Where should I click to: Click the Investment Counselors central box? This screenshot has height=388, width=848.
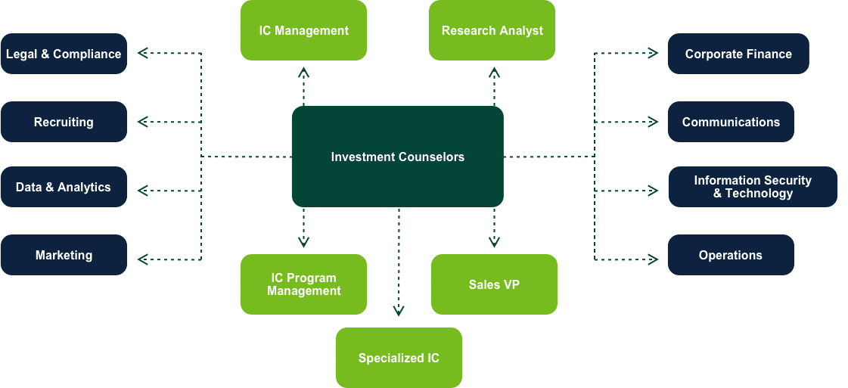(x=397, y=157)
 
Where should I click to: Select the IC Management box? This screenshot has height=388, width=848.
(x=303, y=30)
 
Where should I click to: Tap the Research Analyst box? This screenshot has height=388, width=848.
(x=492, y=30)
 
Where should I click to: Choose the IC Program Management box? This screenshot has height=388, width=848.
(x=303, y=284)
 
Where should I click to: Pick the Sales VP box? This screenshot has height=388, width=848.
(x=494, y=284)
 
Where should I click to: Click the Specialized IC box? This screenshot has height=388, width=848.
(x=399, y=358)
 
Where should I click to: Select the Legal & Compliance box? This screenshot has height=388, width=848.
(x=64, y=54)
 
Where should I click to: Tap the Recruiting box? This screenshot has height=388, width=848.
(x=64, y=122)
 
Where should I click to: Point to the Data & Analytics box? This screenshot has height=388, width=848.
(x=64, y=187)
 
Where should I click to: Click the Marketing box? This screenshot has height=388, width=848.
(x=64, y=255)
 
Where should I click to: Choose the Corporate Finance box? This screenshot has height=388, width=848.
(x=738, y=54)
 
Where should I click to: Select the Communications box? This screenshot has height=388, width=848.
(x=731, y=122)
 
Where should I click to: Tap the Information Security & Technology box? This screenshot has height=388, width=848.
(x=753, y=187)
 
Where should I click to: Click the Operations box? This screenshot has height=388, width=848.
(x=731, y=255)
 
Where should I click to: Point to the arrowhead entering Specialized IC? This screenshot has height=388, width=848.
(x=399, y=311)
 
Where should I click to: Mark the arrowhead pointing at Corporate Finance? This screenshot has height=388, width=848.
(x=652, y=54)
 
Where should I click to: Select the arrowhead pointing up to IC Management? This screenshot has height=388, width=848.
(x=303, y=73)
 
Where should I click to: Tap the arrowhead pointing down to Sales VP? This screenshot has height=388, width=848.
(x=494, y=242)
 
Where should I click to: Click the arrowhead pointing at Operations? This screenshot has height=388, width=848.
(x=652, y=259)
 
